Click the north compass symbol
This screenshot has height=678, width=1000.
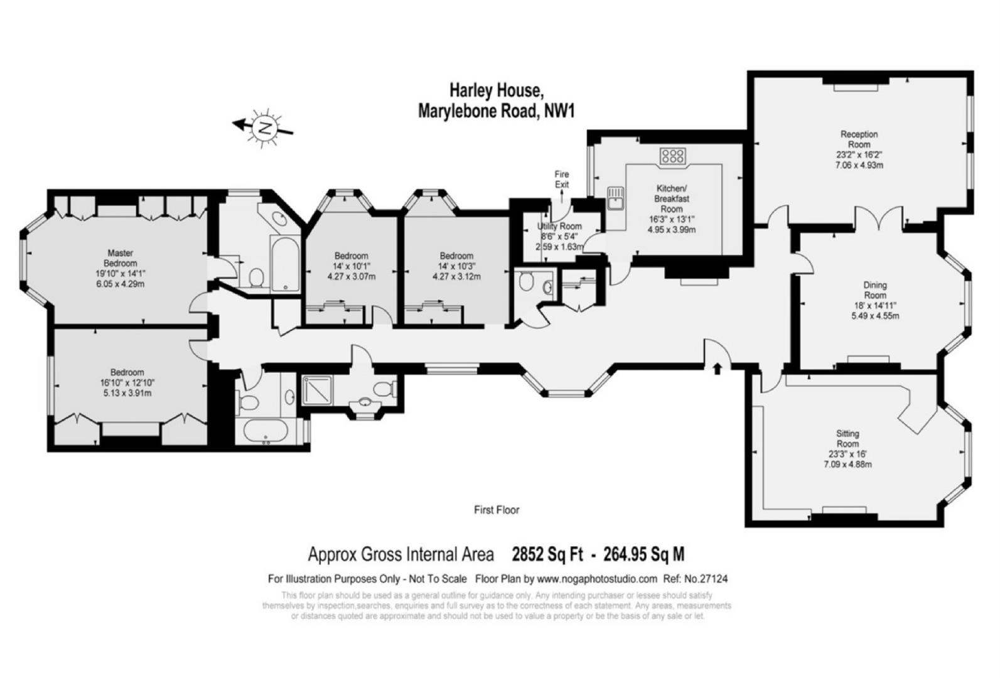click(x=264, y=127)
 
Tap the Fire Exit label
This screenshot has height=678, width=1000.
click(x=561, y=179)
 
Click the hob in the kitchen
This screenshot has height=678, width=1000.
click(x=672, y=156)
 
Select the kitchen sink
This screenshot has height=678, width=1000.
click(x=616, y=197)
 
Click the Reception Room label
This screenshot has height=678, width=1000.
click(x=859, y=139)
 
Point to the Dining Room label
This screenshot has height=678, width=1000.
click(x=875, y=290)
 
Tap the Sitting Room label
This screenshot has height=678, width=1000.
click(x=847, y=438)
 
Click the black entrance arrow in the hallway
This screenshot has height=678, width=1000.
click(x=718, y=367)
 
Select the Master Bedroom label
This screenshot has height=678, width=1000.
click(x=120, y=258)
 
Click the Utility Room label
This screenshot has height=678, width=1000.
click(x=559, y=226)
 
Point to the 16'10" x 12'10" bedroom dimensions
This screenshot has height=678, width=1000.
click(x=127, y=383)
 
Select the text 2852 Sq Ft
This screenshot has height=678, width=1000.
click(x=547, y=554)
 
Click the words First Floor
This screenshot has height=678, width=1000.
click(x=497, y=510)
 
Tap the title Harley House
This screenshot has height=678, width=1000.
click(x=496, y=90)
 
